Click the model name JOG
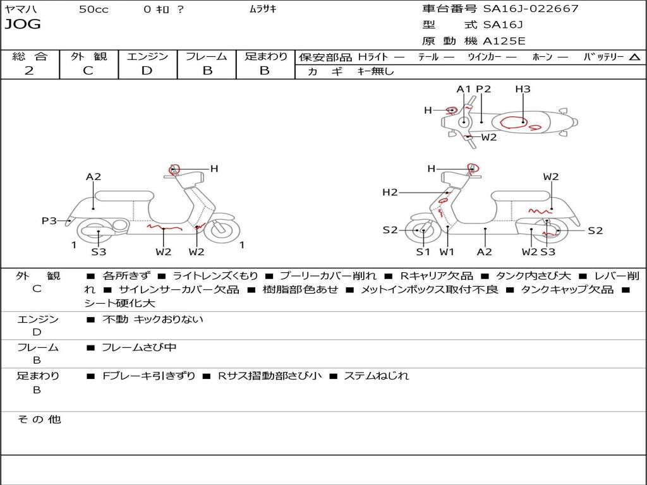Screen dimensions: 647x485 (23, 25)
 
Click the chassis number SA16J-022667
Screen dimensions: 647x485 (531, 9)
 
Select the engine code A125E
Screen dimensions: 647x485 (504, 41)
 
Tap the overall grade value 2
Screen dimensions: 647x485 (29, 71)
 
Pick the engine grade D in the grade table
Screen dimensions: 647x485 (147, 71)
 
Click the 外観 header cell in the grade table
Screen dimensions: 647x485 (88, 56)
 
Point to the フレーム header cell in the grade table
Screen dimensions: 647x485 (207, 56)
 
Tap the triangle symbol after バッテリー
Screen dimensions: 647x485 (634, 57)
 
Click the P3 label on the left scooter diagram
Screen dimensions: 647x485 (49, 220)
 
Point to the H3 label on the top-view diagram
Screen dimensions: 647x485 (523, 89)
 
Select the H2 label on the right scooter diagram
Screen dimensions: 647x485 (390, 192)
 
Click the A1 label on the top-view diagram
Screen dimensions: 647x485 (464, 89)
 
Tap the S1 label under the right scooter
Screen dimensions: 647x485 (423, 252)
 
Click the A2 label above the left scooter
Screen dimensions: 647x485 (94, 177)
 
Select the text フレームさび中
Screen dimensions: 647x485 (139, 347)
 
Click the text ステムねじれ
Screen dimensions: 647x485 (377, 376)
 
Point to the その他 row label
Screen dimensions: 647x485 (38, 419)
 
